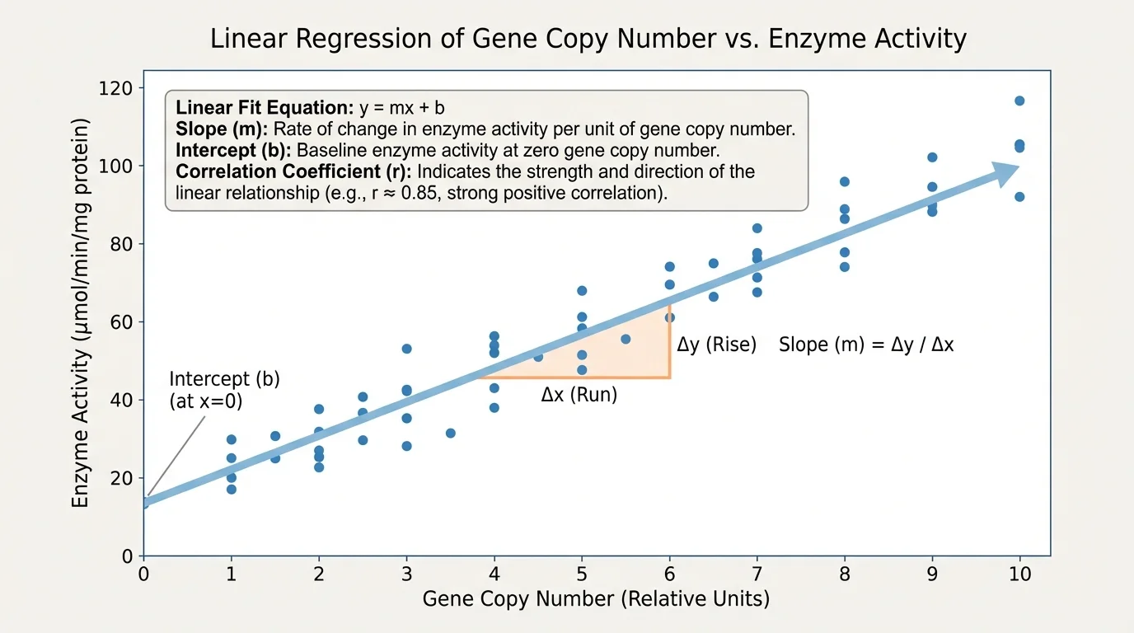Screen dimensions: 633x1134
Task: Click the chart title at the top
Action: pos(588,39)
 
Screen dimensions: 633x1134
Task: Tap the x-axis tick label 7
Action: pos(757,574)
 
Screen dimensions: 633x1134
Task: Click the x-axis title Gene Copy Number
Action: pos(596,598)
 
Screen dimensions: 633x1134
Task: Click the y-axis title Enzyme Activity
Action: pos(81,313)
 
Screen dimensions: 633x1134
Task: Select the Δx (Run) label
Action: pos(579,395)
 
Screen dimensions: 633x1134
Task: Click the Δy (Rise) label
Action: pos(716,345)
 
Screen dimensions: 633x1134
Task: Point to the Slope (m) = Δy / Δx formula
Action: pos(866,345)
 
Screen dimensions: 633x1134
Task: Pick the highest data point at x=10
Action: pos(1019,101)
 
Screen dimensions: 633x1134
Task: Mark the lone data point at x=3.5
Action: pos(450,433)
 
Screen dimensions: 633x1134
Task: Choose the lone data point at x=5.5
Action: pos(626,339)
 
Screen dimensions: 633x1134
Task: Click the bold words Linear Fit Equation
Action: pos(265,108)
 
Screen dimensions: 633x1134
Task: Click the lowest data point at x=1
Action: pos(232,489)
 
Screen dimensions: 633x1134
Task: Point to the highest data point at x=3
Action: pos(406,349)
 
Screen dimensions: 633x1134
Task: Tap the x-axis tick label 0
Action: pos(144,574)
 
